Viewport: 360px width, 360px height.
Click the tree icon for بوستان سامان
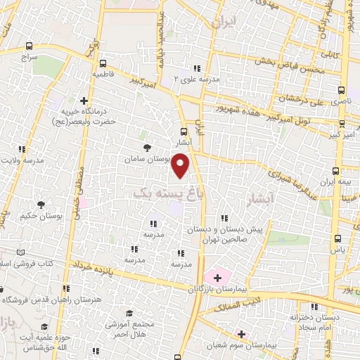point(147,148)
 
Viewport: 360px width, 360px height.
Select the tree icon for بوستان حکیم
point(41,204)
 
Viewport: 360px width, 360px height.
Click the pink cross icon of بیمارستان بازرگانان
point(217,278)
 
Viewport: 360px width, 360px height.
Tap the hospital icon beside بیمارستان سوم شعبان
point(241,334)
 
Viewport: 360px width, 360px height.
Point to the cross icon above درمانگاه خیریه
point(84,100)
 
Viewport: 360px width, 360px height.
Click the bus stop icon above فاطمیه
point(103,62)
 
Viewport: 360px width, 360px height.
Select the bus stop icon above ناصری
point(342,90)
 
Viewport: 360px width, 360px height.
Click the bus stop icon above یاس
point(337,238)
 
